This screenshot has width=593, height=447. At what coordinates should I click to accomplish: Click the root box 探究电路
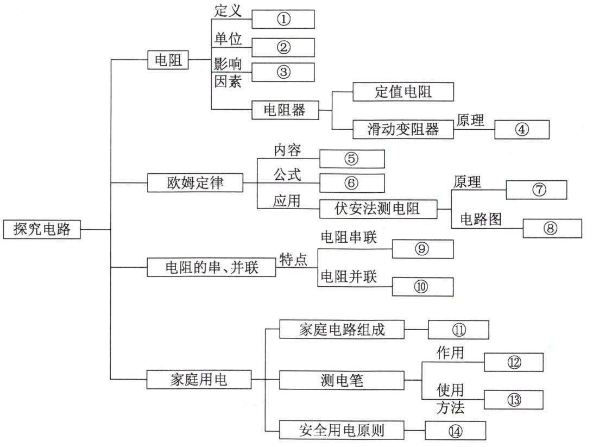pos(42,229)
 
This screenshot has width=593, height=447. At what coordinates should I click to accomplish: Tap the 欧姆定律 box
pos(194,183)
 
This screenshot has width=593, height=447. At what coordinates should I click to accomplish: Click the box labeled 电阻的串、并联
pos(212,267)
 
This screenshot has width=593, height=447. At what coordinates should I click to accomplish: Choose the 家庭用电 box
pos(199,380)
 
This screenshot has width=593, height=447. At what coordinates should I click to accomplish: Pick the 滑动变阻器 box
pos(403,130)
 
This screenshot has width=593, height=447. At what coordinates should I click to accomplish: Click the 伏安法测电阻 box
pos(378,208)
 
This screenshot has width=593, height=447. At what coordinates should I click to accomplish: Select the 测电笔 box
pos(342,381)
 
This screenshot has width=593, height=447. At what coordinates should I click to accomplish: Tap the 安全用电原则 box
pos(342,431)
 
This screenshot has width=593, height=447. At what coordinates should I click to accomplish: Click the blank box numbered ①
pos(283,20)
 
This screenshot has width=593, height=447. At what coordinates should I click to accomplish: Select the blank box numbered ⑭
pos(455,431)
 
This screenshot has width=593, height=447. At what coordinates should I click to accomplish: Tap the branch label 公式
pos(287,175)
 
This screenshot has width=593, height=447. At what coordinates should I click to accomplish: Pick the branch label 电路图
pos(481,219)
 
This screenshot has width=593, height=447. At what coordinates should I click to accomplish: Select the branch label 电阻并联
pos(349,277)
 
